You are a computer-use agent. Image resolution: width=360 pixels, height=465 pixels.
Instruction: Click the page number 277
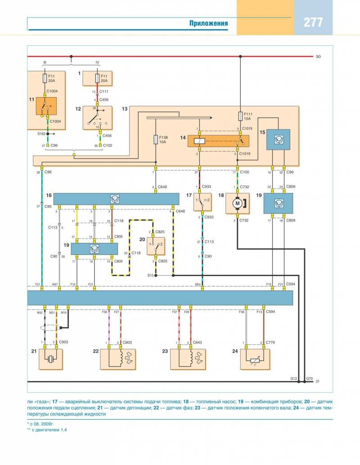click(313, 22)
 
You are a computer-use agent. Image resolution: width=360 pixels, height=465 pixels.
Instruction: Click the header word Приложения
click(208, 23)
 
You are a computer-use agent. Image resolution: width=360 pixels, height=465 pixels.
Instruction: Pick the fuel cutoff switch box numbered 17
click(202, 202)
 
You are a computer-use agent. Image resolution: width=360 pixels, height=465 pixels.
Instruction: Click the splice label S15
click(149, 275)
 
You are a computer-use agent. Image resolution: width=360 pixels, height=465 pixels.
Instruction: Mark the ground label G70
click(309, 379)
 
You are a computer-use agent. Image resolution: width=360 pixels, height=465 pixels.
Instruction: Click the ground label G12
click(294, 379)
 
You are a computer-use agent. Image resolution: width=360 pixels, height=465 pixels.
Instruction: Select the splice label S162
click(41, 134)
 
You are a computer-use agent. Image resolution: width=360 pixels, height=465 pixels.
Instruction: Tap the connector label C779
click(270, 343)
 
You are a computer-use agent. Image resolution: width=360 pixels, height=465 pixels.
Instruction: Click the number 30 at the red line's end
click(318, 57)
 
